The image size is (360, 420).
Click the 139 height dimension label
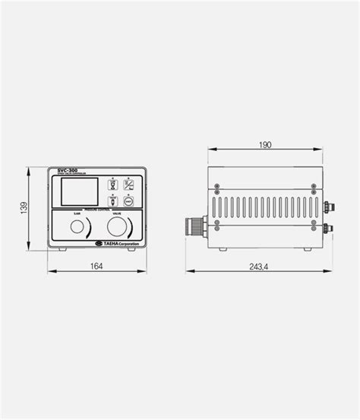pos(25,207)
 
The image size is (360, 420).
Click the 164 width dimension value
pos(96,265)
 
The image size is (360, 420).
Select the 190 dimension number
pos(264,145)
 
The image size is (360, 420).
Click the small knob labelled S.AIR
pos(77,227)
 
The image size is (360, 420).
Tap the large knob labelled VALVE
pos(117,227)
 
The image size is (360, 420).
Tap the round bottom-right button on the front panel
pos(128,201)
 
